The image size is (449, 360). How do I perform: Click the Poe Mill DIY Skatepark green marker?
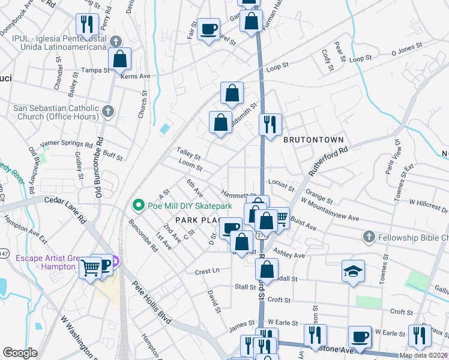coord(139,205)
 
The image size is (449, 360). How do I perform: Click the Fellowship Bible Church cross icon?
coord(369,238)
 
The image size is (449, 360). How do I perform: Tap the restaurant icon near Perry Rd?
coord(88,24)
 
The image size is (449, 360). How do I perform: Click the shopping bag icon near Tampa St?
coord(120,59)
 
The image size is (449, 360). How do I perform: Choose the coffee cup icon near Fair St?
coord(209,28)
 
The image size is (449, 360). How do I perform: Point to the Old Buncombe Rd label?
coord(99,169)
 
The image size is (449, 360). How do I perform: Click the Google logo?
coord(20,352)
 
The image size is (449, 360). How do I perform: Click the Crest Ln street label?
coord(208,271)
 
